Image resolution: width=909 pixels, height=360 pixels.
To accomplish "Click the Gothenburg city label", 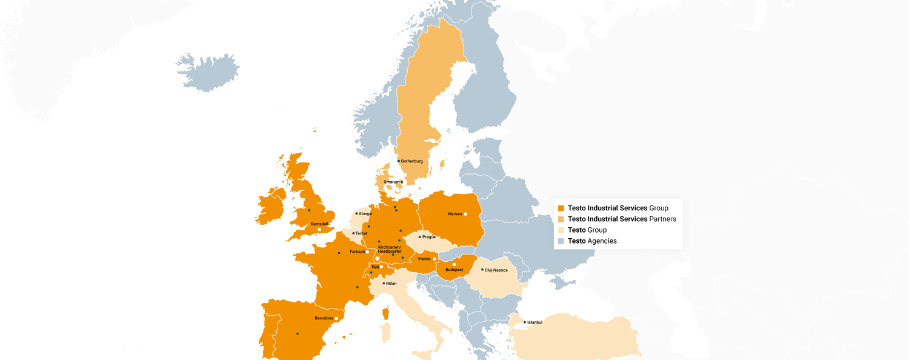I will [x=411, y=161].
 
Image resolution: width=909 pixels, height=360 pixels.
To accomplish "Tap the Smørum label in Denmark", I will [x=391, y=182].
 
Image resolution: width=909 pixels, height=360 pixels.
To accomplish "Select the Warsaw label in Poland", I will [x=454, y=214].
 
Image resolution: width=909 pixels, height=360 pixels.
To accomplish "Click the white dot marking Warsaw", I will [x=465, y=214].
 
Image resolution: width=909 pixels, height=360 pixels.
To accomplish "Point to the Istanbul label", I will [x=534, y=322].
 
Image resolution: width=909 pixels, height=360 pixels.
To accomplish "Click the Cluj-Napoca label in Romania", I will [x=496, y=270].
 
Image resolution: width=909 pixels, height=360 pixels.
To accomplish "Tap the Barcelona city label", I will [x=324, y=318].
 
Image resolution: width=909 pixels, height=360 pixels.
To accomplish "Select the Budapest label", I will [x=454, y=270].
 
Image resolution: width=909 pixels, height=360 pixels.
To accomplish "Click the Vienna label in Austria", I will [x=424, y=259].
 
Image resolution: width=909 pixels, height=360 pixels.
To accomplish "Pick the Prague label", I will [x=429, y=237].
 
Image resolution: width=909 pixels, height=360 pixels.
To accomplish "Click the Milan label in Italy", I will [x=391, y=283].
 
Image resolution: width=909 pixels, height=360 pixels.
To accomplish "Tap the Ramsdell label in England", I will [x=319, y=224].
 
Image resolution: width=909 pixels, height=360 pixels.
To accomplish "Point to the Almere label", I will [x=365, y=213].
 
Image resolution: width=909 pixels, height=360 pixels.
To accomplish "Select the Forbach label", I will [x=358, y=252].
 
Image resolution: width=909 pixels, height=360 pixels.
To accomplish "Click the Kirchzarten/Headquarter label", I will [x=390, y=249].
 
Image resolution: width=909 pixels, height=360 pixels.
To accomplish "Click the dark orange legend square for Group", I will [x=561, y=208].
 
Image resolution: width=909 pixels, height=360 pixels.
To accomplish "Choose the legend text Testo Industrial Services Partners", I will [x=622, y=219].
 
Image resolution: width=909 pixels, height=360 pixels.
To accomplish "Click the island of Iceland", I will [x=209, y=72].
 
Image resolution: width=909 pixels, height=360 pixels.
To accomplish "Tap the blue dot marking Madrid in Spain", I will [x=298, y=333].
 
